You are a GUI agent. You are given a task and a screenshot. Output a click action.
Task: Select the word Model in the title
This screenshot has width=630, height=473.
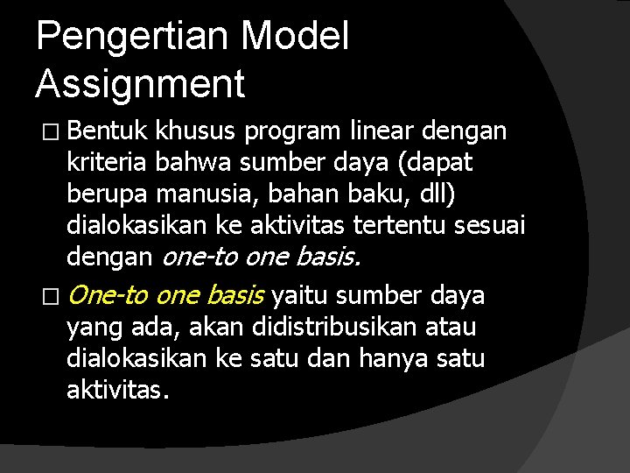pyautogui.click(x=294, y=38)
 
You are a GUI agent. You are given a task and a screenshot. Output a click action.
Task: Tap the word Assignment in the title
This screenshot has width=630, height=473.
pyautogui.click(x=140, y=84)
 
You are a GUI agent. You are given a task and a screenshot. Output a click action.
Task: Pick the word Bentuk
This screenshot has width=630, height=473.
pyautogui.click(x=106, y=131)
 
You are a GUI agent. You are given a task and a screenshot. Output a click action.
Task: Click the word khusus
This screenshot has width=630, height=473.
pyautogui.click(x=195, y=131)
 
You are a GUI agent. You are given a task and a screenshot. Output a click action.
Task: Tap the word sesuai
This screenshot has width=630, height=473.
pyautogui.click(x=490, y=225)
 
